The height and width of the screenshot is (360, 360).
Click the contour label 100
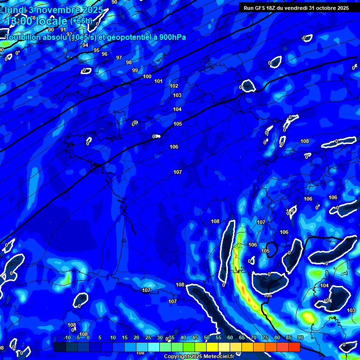147,76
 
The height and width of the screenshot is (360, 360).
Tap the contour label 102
174,86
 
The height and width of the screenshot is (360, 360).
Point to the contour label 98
129,62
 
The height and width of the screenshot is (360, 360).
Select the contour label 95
97,50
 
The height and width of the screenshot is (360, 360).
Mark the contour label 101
158,81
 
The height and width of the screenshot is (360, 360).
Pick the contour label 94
85,45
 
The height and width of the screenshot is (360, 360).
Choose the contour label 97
119,58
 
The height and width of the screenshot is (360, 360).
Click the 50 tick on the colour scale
207,338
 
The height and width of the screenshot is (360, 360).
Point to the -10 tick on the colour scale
67,338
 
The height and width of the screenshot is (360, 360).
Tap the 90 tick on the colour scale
300,338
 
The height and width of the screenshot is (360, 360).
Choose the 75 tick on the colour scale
265,338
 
